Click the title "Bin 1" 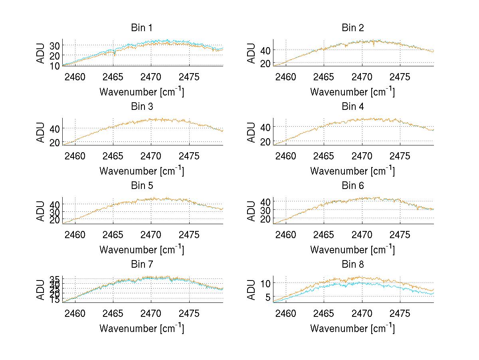tap(142, 28)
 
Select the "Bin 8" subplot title tap(353, 265)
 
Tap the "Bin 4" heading tap(353, 107)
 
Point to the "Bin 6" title tap(353, 186)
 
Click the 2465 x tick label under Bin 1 tap(113, 77)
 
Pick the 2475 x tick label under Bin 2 tap(400, 77)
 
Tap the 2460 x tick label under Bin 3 tap(75, 156)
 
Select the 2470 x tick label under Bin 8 tap(362, 314)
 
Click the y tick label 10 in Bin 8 tap(265, 283)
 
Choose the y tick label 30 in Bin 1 tap(55, 46)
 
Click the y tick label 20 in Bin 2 tap(265, 63)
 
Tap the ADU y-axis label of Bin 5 tap(41, 211)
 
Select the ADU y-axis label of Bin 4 tap(252, 132)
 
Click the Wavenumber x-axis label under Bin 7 tap(142, 328)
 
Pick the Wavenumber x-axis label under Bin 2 tap(353, 92)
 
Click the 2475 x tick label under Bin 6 tap(400, 235)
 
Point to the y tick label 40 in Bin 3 tap(55, 129)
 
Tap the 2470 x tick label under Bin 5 tap(151, 235)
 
